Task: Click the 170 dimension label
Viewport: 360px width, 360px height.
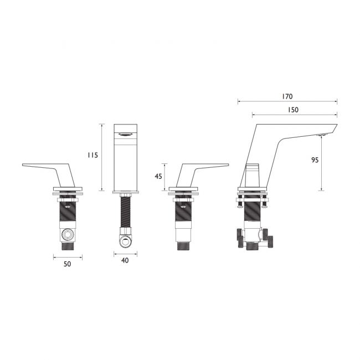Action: (x=287, y=96)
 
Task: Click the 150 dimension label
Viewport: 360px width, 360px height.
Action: (x=293, y=110)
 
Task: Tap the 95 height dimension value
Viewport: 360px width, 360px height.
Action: (x=315, y=160)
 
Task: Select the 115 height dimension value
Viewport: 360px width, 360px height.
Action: (x=92, y=155)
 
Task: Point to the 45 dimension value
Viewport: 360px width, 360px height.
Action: (x=158, y=176)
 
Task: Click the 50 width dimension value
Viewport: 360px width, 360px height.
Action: (x=67, y=264)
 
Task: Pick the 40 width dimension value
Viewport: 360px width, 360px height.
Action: (x=125, y=260)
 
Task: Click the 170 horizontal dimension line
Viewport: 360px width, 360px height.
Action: (x=287, y=101)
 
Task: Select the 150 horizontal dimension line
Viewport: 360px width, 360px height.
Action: (x=295, y=114)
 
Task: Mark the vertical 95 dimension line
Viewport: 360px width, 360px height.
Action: (x=321, y=163)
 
